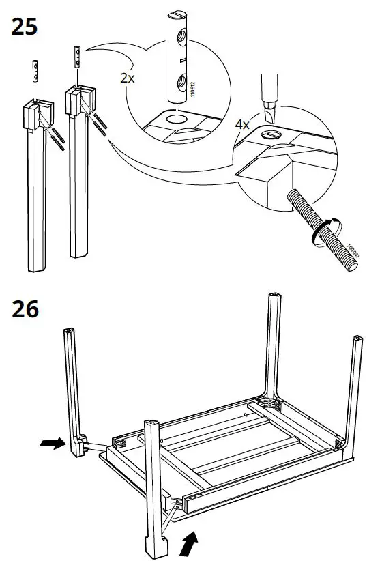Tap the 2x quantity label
click(128, 78)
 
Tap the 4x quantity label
click(242, 126)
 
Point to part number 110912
click(194, 89)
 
